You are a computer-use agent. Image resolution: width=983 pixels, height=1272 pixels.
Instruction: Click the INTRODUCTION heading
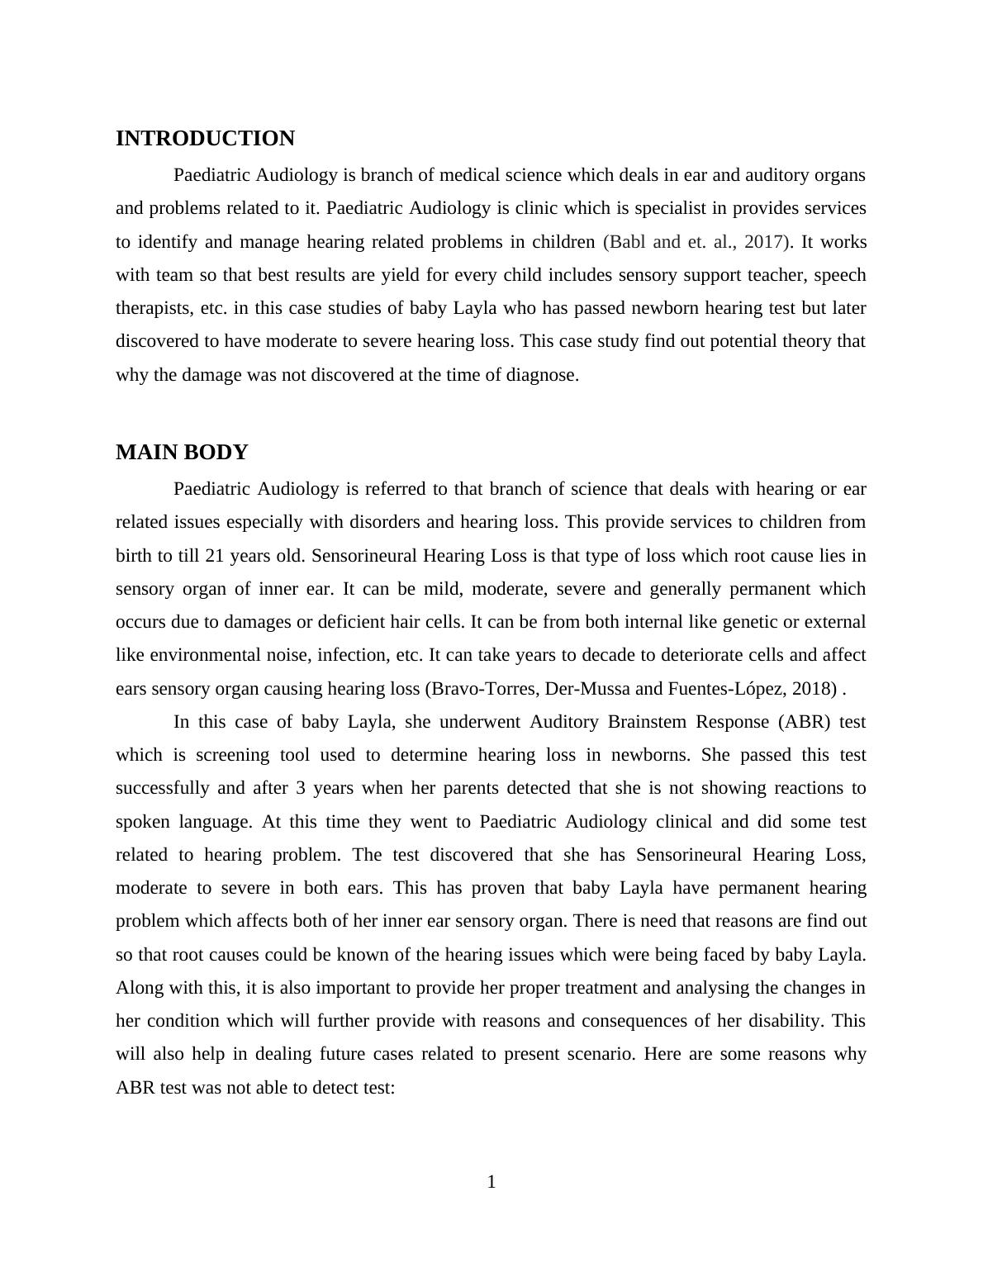pos(205,139)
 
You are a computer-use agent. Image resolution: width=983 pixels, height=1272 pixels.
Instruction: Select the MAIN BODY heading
pos(182,453)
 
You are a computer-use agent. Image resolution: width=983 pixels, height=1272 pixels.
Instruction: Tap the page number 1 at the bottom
pos(491,1182)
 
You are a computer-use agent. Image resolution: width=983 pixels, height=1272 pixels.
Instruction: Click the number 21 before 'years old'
pos(215,555)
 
